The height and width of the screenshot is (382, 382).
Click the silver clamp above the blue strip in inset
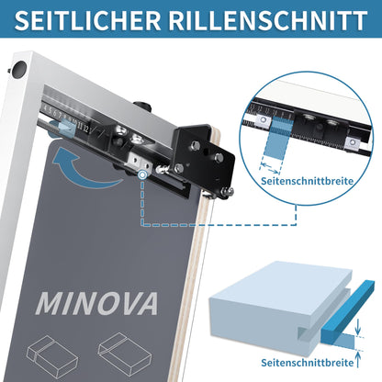pyautogui.click(x=267, y=120)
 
